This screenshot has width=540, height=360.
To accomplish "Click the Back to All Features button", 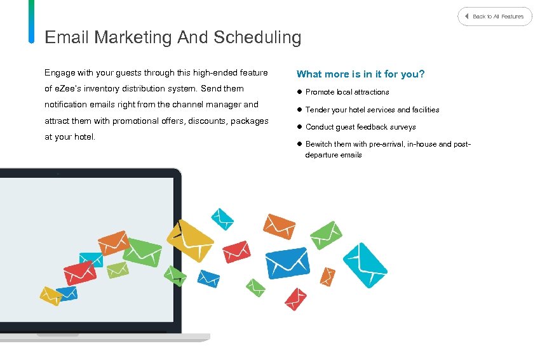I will [495, 17].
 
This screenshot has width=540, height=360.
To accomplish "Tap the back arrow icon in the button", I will [467, 16].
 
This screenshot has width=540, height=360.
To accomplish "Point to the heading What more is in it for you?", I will [360, 74].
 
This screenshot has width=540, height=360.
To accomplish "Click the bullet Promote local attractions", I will [347, 92].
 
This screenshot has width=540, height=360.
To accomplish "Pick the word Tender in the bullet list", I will [318, 110].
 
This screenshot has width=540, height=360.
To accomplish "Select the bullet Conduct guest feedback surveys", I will [360, 127].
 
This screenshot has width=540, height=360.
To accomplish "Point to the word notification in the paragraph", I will [67, 105].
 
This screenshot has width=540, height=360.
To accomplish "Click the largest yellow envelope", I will [190, 239].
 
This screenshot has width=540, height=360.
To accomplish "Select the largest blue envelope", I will [287, 262].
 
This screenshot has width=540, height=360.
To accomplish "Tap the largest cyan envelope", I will [365, 265].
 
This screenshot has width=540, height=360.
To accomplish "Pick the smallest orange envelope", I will [327, 276].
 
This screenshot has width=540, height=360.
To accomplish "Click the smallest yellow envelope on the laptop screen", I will [50, 295].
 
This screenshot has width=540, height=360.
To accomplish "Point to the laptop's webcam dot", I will [57, 173].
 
